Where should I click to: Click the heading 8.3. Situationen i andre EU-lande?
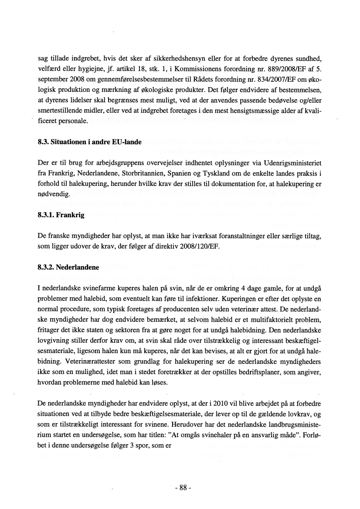(89, 142)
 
